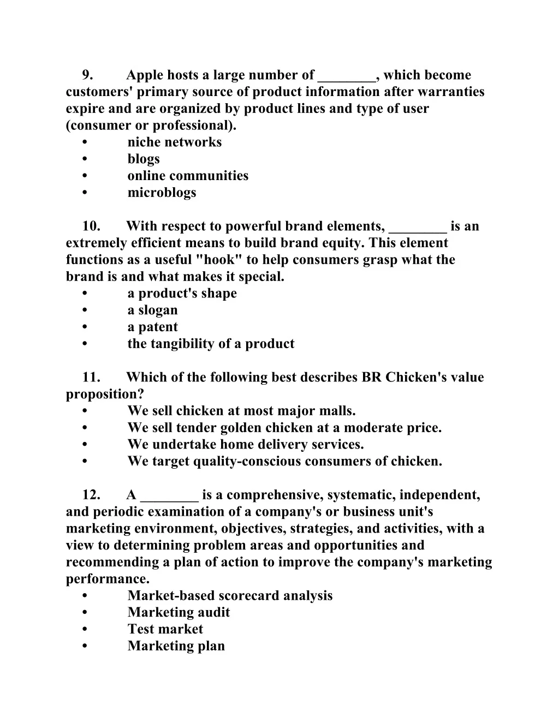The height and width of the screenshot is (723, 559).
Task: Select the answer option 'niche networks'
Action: pyautogui.click(x=174, y=142)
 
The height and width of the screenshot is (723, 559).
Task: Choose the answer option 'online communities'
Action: pyautogui.click(x=188, y=176)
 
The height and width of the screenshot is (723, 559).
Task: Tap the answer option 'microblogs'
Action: pyautogui.click(x=162, y=193)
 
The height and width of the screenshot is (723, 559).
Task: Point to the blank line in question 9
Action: pyautogui.click(x=347, y=77)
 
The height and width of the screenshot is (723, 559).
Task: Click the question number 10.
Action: pyautogui.click(x=91, y=226)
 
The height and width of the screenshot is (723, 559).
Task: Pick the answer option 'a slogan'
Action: pyautogui.click(x=152, y=310)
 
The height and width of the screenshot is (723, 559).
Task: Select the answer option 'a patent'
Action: pyautogui.click(x=152, y=327)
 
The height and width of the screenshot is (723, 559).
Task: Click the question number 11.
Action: pyautogui.click(x=91, y=378)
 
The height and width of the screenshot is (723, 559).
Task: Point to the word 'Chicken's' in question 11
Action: pyautogui.click(x=415, y=378)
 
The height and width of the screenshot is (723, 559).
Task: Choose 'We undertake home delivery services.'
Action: pyautogui.click(x=245, y=445)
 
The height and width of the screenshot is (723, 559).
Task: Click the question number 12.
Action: pyautogui.click(x=91, y=495)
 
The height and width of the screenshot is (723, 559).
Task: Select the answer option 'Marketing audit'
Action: pyautogui.click(x=179, y=612)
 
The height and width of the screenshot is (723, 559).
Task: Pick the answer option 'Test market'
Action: pyautogui.click(x=165, y=629)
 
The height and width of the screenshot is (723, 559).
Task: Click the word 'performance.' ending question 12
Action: pyautogui.click(x=108, y=579)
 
